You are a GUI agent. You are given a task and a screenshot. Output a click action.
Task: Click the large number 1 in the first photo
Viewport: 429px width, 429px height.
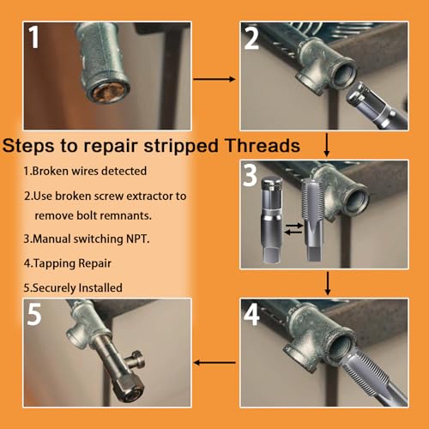pyautogui.click(x=33, y=37)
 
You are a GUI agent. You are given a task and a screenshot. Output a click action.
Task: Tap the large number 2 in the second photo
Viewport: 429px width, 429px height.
pyautogui.click(x=251, y=39)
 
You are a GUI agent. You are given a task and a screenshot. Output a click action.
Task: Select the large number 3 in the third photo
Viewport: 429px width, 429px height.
pyautogui.click(x=250, y=175)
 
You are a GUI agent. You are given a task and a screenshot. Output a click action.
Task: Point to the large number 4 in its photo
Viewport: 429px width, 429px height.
pyautogui.click(x=251, y=314)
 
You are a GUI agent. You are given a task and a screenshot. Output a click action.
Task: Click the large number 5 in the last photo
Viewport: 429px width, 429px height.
pyautogui.click(x=34, y=314)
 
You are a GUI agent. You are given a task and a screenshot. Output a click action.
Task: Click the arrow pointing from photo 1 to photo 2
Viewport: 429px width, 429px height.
pyautogui.click(x=214, y=79)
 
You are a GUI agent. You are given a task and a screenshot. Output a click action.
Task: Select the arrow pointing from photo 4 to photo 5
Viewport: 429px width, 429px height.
pyautogui.click(x=214, y=363)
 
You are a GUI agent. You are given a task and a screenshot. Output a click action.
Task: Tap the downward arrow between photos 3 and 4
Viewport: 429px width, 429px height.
pyautogui.click(x=328, y=283)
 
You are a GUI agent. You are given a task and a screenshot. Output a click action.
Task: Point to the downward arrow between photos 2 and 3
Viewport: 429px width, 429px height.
pyautogui.click(x=327, y=144)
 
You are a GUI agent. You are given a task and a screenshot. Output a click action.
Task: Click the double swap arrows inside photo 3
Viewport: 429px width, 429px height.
pyautogui.click(x=293, y=229)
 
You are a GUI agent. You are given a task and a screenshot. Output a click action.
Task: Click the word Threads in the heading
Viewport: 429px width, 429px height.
pyautogui.click(x=263, y=146)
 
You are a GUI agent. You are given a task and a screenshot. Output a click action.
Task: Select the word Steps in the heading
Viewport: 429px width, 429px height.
pyautogui.click(x=28, y=146)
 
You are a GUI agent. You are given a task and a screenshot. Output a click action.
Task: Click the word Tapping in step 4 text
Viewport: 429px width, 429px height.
pyautogui.click(x=54, y=263)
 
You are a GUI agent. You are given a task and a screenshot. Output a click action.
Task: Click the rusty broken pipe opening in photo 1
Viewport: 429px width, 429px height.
pyautogui.click(x=106, y=92)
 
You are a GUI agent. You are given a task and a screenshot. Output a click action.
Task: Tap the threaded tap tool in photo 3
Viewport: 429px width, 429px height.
pyautogui.click(x=312, y=220)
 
